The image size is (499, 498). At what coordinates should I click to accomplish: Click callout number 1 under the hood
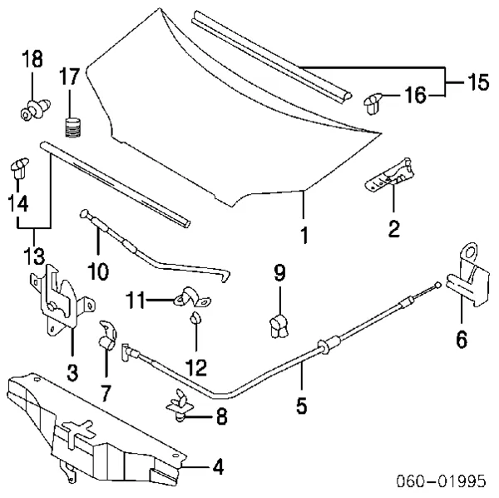304,236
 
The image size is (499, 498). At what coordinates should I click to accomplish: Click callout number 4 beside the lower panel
217,467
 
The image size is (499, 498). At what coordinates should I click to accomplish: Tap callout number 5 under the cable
301,406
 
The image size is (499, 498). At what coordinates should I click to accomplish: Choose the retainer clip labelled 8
183,402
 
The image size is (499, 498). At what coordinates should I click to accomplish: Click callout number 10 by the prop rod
97,271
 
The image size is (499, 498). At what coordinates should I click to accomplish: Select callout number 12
197,366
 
